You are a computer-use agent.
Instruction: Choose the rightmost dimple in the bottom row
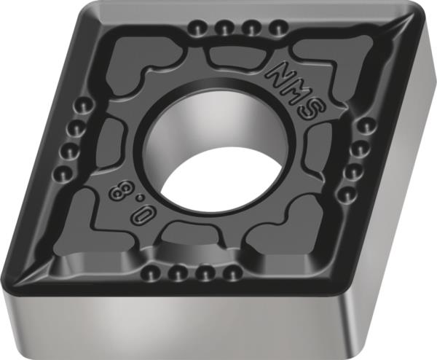(232, 275)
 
